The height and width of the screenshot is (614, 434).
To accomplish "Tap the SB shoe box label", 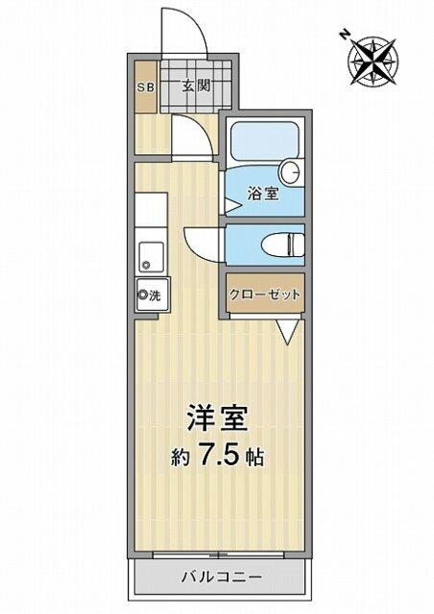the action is [x=146, y=87].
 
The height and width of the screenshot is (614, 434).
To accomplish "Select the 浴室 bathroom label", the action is [x=263, y=194].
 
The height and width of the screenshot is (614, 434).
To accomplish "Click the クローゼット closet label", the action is [x=265, y=295].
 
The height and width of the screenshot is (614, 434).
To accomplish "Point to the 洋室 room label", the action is [x=217, y=418].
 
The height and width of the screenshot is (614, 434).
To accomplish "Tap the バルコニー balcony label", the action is [x=222, y=577].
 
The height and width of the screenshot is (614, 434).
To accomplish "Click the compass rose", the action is [x=374, y=60].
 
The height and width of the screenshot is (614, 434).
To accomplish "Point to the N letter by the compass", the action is [x=345, y=35].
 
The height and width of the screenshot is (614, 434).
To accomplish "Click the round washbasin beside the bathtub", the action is [x=291, y=172].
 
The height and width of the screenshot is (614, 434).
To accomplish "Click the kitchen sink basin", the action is [x=151, y=256].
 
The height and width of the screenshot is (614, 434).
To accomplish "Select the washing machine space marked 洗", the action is [x=153, y=295].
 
